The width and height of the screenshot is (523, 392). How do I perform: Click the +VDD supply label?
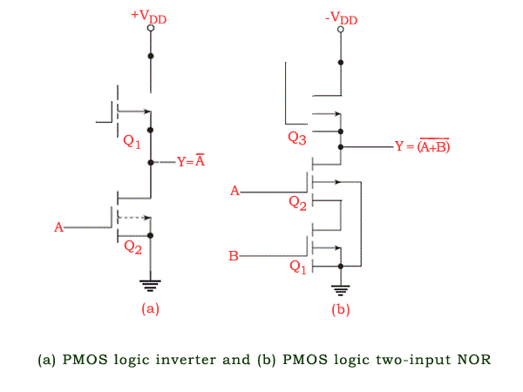coord(149,15)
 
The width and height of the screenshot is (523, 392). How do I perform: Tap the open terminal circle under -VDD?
coord(340,30)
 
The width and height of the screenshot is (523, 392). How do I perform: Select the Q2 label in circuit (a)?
coord(132,247)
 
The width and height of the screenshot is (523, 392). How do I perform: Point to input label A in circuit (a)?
coord(59,227)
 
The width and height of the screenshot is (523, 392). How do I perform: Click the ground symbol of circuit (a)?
coord(151,283)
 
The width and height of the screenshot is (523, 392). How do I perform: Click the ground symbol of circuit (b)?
coord(340,289)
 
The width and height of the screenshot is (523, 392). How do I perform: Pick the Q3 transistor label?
coord(298,137)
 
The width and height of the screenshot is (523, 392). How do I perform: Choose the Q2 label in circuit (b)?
coord(298,202)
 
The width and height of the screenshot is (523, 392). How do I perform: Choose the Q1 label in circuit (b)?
coord(298,267)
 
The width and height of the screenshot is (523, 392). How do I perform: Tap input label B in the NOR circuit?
coord(234,256)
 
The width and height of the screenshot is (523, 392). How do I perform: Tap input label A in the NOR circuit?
coord(234,190)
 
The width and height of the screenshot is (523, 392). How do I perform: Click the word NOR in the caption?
coord(472,359)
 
